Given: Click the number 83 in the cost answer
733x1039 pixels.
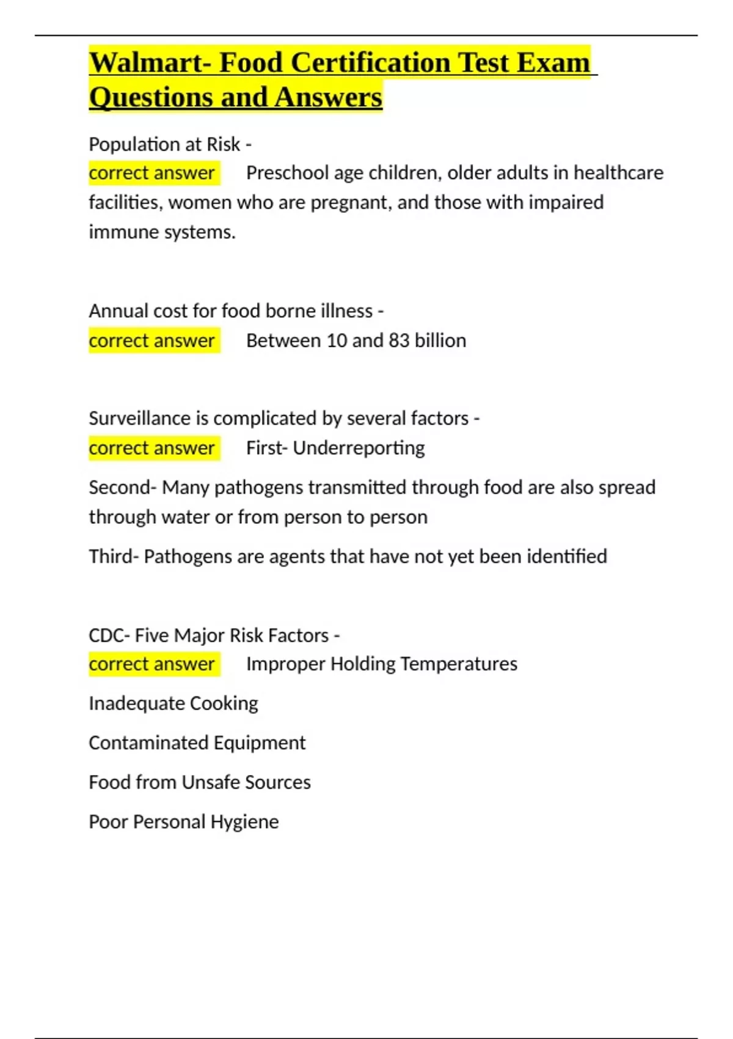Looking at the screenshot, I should (399, 340).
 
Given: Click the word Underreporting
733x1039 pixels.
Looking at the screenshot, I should (359, 448).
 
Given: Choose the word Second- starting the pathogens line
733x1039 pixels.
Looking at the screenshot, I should (123, 488).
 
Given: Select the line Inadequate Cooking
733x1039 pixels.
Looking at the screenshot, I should (173, 703).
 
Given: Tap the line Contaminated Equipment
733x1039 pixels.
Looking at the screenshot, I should (197, 743).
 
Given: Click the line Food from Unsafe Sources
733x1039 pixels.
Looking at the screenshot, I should (200, 782).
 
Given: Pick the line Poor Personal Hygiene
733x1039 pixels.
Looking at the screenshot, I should (184, 822).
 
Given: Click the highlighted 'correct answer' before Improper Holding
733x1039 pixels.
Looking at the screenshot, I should (152, 664).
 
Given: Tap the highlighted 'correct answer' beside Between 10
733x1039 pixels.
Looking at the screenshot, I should (152, 340).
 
